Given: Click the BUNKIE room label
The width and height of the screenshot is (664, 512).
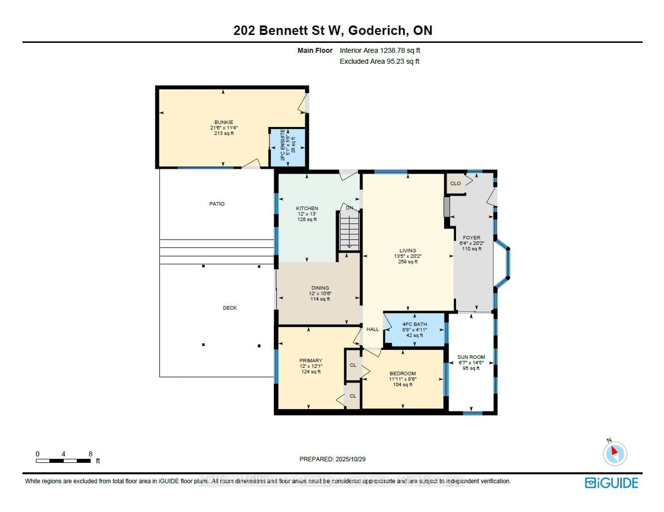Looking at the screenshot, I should pyautogui.click(x=224, y=122).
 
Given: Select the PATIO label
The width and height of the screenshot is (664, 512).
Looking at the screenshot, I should pyautogui.click(x=217, y=204).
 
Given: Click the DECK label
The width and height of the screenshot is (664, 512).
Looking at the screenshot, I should pyautogui.click(x=229, y=308).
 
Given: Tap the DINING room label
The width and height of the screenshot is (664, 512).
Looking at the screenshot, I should pyautogui.click(x=320, y=288).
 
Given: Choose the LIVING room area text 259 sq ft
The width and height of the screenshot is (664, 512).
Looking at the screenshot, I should pyautogui.click(x=408, y=262).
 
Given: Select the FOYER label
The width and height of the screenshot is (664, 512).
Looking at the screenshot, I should pyautogui.click(x=471, y=238).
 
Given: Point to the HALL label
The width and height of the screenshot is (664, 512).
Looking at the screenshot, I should pyautogui.click(x=372, y=329).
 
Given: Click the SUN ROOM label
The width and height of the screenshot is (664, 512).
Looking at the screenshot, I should pyautogui.click(x=471, y=357).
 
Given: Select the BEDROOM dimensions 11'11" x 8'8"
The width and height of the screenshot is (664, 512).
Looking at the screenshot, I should pyautogui.click(x=403, y=379).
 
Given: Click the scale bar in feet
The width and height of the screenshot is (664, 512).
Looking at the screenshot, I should pyautogui.click(x=63, y=461).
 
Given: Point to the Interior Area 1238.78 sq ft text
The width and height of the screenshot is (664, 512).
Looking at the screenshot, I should pyautogui.click(x=380, y=50).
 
